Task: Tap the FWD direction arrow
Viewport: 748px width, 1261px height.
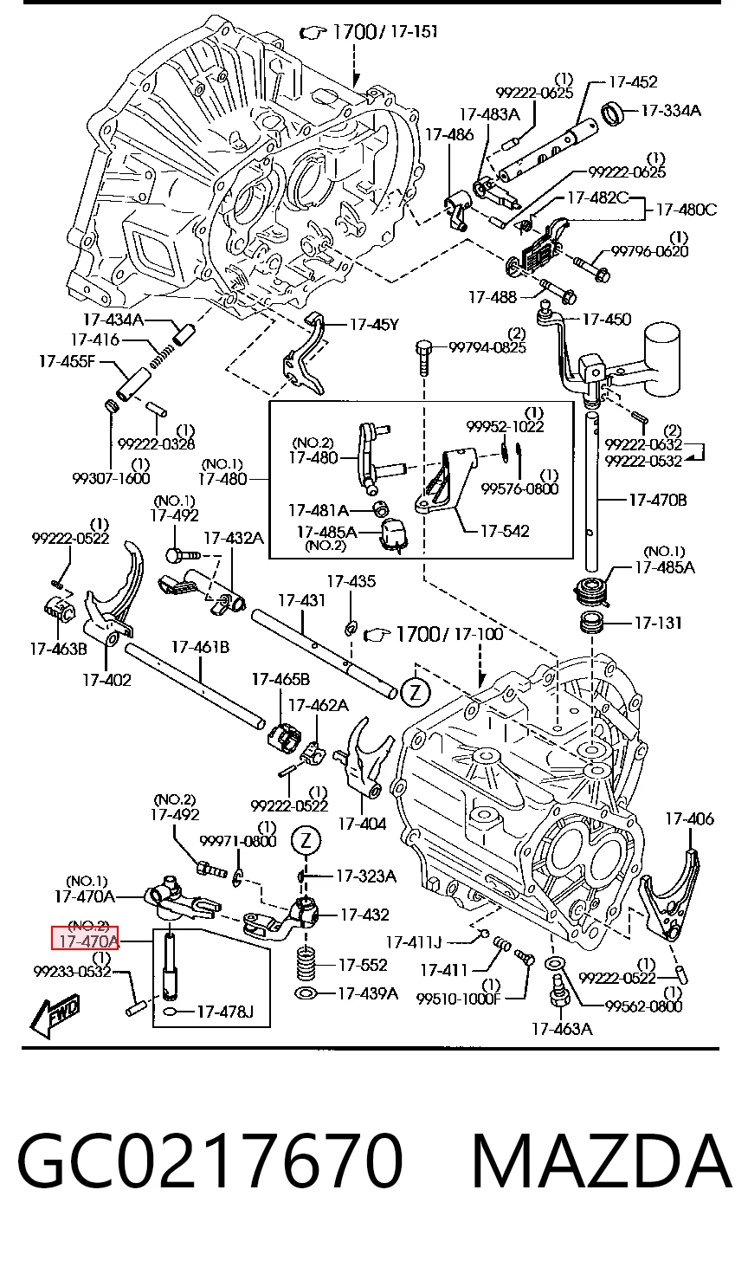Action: coord(55,1016)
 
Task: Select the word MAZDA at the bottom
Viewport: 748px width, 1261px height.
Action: coord(602,1161)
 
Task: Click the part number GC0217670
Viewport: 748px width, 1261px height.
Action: coord(210,1161)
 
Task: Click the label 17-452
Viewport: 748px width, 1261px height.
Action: coord(633,82)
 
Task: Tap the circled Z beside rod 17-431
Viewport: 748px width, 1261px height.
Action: coord(416,692)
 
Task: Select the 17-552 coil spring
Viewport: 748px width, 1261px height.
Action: coord(306,964)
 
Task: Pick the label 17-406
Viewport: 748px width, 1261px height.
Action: coord(689,818)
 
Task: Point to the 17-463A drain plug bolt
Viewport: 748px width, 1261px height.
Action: coord(559,993)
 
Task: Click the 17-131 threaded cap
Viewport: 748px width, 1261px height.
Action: coord(592,624)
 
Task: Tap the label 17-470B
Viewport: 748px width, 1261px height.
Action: coord(657,500)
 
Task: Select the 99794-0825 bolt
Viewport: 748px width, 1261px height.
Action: coord(422,357)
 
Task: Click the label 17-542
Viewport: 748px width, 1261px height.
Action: coord(505,531)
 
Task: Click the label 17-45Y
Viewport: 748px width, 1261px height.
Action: coord(374,325)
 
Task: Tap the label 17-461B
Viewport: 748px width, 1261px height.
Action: coord(200,648)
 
